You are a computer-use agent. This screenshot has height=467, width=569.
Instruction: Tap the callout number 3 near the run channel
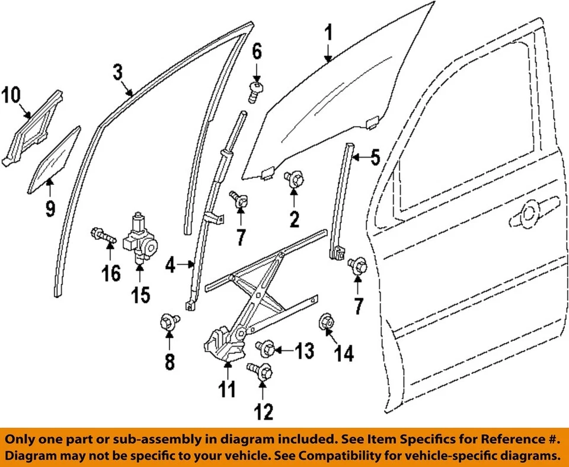[x=117, y=73]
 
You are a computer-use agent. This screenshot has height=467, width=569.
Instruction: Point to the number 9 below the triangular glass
[x=50, y=208]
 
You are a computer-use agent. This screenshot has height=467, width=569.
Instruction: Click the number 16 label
[x=111, y=273]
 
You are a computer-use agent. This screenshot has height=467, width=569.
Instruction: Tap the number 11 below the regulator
[x=226, y=389]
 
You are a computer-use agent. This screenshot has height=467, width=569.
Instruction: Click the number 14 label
[x=344, y=354]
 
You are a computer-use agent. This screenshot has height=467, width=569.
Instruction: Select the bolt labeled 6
[x=255, y=92]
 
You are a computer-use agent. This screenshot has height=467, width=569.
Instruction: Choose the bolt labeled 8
[x=169, y=322]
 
